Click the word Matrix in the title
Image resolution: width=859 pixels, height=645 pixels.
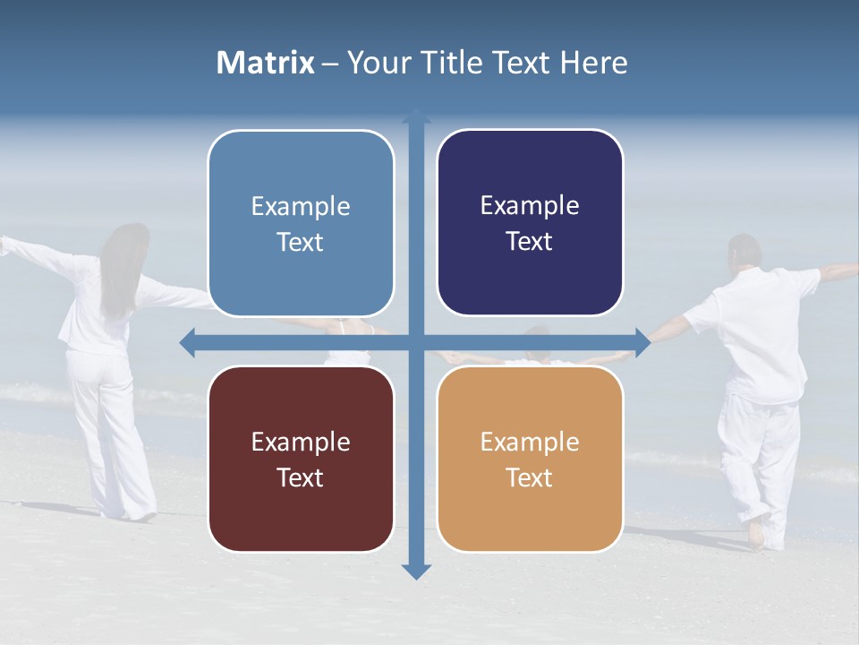pos(265,63)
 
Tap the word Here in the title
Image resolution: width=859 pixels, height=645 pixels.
pos(594,63)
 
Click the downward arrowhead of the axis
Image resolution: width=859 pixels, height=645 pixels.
pos(416,572)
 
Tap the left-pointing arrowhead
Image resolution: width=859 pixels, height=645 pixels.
pos(187,342)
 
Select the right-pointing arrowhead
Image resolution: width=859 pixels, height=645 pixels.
pos(642,342)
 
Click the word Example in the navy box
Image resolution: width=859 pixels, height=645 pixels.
pos(530,206)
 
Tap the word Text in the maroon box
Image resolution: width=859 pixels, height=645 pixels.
pos(300,477)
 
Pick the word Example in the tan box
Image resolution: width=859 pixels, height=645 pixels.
pos(530,442)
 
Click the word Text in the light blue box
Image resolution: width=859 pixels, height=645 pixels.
pos(300,242)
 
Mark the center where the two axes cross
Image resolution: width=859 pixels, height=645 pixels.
pos(416,342)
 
